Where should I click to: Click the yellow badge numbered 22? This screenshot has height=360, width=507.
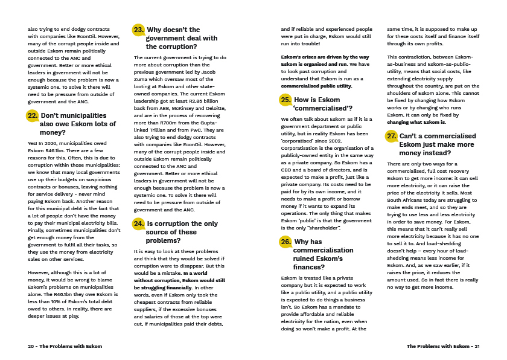33,115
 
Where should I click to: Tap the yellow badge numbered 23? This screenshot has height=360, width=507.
138,30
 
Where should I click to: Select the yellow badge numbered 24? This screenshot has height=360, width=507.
138,223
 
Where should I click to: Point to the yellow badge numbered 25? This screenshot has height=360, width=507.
285,100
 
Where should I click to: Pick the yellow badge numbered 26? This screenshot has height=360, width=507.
285,242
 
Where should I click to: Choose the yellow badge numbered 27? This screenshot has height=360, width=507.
392,136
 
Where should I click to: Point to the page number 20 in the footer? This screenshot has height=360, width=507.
31,346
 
